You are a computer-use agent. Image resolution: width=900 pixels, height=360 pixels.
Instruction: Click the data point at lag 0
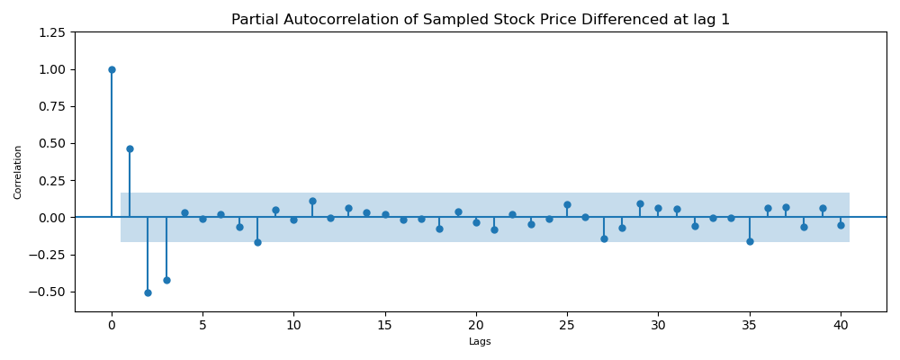(112, 69)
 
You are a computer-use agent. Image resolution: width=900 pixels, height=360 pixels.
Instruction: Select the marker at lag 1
(130, 148)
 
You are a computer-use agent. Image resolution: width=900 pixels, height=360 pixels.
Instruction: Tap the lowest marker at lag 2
(148, 292)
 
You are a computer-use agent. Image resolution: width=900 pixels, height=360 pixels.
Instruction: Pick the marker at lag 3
(166, 280)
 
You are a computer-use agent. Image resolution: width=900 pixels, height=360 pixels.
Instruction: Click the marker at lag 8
(257, 242)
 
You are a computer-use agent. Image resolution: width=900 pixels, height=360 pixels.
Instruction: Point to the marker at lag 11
(312, 201)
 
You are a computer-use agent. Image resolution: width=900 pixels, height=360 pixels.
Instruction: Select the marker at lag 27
(604, 238)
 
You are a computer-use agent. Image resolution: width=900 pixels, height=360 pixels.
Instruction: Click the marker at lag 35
(750, 241)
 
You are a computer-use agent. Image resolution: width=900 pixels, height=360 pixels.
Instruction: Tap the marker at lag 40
(841, 225)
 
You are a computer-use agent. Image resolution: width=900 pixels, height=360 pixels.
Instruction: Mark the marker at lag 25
(567, 204)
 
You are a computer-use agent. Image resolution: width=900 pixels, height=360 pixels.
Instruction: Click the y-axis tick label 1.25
(51, 32)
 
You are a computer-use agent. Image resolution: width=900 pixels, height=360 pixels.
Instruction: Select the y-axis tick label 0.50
(51, 143)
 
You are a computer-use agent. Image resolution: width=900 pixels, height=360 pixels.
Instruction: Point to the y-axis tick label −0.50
(48, 292)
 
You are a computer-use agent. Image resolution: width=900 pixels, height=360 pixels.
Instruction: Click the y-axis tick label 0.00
(51, 218)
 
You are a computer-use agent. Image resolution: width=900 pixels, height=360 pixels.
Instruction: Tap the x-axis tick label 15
(385, 324)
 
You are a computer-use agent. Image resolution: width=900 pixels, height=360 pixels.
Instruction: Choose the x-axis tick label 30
(658, 324)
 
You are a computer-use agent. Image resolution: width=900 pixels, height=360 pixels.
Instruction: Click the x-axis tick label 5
(202, 324)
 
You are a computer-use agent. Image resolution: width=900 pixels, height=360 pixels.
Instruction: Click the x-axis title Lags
(480, 342)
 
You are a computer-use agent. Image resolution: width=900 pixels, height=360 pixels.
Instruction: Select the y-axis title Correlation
(18, 172)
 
